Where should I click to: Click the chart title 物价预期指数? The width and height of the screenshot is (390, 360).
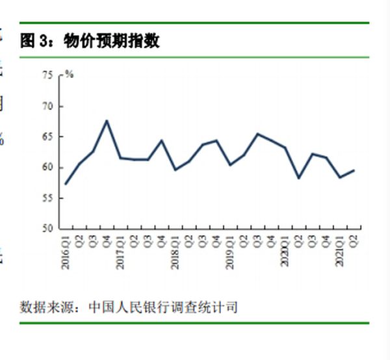112,41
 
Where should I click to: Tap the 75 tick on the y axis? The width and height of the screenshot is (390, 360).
47,75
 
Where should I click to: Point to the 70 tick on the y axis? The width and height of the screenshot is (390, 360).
47,106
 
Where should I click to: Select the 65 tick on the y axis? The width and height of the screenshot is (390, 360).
47,136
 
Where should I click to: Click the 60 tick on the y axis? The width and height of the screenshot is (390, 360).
47,168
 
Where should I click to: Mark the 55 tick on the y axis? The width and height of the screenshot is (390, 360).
47,198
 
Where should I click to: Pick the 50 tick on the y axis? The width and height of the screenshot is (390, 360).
47,229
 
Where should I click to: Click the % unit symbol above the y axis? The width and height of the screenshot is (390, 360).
69,74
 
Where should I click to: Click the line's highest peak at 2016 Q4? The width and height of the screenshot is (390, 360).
107,120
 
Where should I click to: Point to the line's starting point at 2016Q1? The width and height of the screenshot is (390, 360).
66,184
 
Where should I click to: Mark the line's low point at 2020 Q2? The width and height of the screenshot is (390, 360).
298,178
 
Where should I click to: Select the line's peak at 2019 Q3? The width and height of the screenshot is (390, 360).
257,134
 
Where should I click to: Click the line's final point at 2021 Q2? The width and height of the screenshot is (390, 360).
354,170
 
